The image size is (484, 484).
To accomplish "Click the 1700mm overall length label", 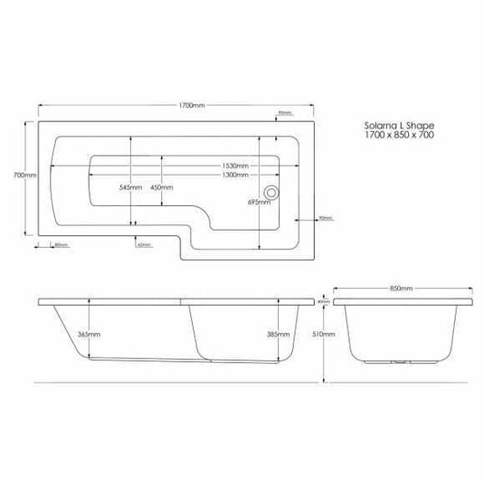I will pyautogui.click(x=192, y=105).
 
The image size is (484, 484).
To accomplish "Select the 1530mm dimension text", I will pyautogui.click(x=237, y=165).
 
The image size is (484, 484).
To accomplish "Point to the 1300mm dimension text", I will pyautogui.click(x=237, y=175).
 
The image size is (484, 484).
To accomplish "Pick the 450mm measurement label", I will pyautogui.click(x=162, y=187).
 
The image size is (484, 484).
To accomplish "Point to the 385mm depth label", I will pyautogui.click(x=279, y=334).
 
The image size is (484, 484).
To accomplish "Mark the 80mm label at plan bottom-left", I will pyautogui.click(x=61, y=244).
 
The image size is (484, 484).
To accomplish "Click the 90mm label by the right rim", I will pyautogui.click(x=326, y=218).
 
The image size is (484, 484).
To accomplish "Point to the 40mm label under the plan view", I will pyautogui.click(x=144, y=244).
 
